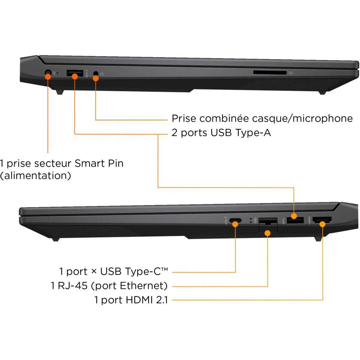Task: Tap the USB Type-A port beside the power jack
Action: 74,73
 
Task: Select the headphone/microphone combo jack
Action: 96,73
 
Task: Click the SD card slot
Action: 270,73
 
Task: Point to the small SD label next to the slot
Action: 290,73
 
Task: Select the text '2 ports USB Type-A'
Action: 221,133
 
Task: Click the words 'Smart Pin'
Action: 99,164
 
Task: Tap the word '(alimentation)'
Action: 35,175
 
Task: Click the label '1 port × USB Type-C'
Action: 113,271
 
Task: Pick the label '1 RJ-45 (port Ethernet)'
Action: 109,286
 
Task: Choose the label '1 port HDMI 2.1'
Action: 131,300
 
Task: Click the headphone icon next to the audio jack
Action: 102,73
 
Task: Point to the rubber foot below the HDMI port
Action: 318,239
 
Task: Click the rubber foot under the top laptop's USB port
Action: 59,92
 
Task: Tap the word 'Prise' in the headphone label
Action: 184,118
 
